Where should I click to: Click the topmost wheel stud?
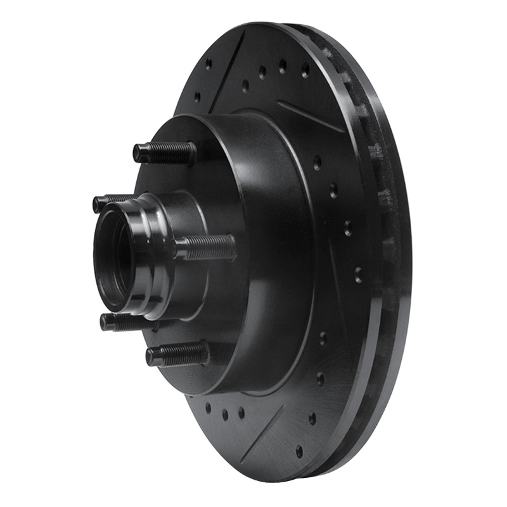(164, 153)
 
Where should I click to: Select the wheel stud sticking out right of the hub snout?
(206, 247)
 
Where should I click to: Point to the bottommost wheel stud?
(177, 354)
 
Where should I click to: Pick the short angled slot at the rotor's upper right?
(311, 117)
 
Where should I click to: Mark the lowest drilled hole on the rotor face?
(299, 451)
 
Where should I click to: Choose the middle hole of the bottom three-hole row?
(225, 414)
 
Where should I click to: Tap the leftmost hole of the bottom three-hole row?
(209, 407)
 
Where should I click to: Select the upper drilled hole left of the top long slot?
(209, 64)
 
